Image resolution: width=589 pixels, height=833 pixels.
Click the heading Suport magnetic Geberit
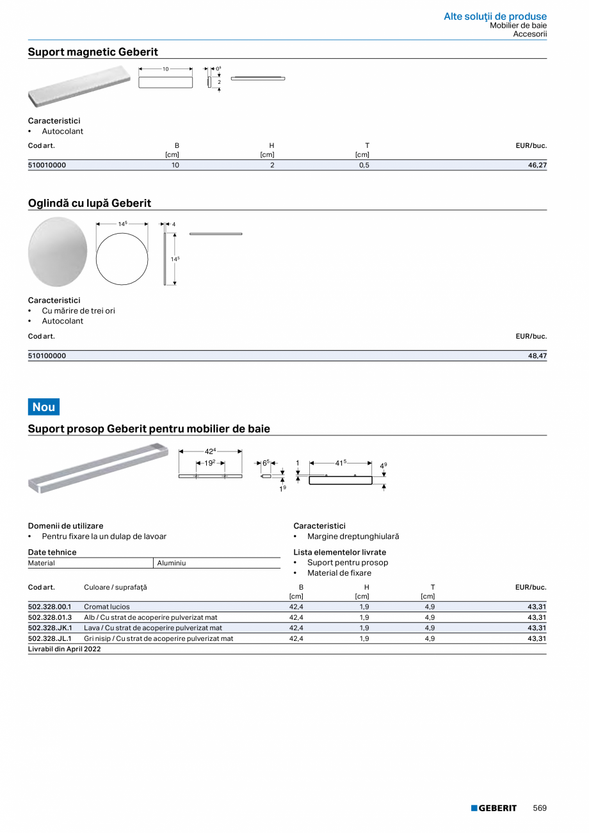93,52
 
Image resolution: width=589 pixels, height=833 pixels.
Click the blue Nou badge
44,407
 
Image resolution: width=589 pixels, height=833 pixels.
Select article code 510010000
47,165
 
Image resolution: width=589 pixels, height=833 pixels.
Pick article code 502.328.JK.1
50,628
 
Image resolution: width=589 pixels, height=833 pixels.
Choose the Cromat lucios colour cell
107,606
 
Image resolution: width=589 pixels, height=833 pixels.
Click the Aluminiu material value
171,563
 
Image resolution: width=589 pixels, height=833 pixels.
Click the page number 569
540,808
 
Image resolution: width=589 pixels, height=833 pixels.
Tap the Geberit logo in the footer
494,808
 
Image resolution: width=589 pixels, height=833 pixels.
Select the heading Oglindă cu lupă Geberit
90,204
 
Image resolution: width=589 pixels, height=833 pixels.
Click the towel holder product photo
97,468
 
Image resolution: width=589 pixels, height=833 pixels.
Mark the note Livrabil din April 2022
65,649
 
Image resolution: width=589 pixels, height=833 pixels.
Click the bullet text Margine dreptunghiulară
353,537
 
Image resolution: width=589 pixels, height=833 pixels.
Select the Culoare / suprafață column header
115,587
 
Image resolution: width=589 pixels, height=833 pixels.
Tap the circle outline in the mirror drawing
122,259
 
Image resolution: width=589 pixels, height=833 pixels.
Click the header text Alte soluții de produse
495,16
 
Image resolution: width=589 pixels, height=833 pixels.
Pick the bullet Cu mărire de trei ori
79,311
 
